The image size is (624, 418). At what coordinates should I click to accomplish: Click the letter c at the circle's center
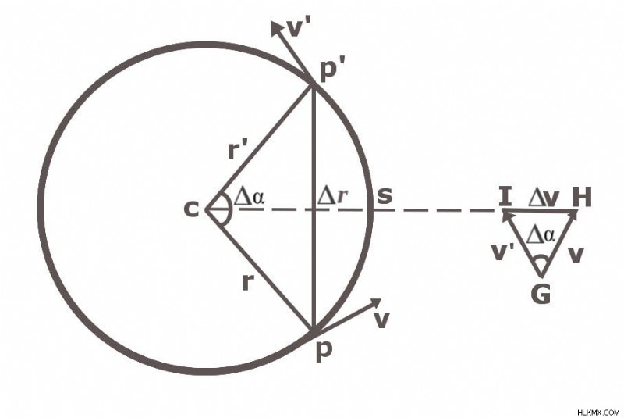(191, 209)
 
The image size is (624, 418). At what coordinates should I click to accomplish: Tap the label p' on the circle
(329, 70)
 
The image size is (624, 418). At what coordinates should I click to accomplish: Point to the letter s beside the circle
(384, 195)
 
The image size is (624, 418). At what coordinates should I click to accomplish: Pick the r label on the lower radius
(247, 283)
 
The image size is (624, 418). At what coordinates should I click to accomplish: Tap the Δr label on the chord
(333, 196)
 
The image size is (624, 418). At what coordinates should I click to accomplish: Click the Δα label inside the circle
(249, 196)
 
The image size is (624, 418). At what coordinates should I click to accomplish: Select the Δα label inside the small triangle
(541, 235)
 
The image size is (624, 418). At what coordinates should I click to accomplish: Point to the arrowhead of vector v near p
(375, 304)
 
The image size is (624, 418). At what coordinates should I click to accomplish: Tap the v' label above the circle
(299, 28)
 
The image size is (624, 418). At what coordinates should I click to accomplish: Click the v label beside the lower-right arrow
(381, 320)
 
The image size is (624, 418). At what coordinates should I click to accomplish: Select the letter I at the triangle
(505, 197)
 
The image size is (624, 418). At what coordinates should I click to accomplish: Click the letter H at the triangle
(582, 197)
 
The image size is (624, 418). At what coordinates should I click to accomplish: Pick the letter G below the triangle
(541, 295)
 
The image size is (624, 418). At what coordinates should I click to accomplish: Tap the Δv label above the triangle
(544, 198)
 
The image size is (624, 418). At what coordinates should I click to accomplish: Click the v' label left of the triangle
(503, 252)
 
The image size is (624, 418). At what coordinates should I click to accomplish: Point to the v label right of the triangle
(576, 255)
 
